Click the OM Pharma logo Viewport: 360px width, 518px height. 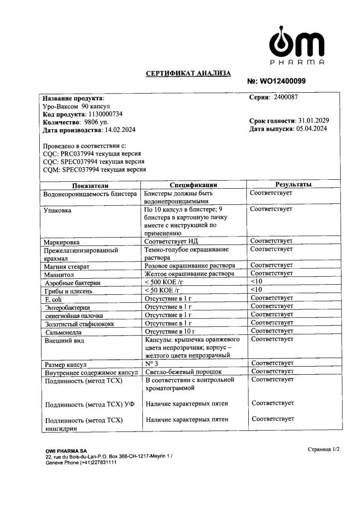click(297, 45)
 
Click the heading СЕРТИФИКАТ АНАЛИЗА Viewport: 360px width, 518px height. click(188, 73)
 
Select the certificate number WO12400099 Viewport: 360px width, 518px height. click(283, 81)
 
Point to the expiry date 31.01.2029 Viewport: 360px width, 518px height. click(314, 121)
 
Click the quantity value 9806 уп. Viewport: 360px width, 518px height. click(94, 123)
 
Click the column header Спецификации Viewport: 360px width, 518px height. click(193, 185)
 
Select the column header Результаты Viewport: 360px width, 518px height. click(293, 184)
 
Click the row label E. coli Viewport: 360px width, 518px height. click(53, 300)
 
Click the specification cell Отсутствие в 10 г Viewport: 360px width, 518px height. click(170, 331)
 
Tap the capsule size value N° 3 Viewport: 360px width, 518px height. click(151, 363)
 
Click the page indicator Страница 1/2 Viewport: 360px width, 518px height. click(323, 449)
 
